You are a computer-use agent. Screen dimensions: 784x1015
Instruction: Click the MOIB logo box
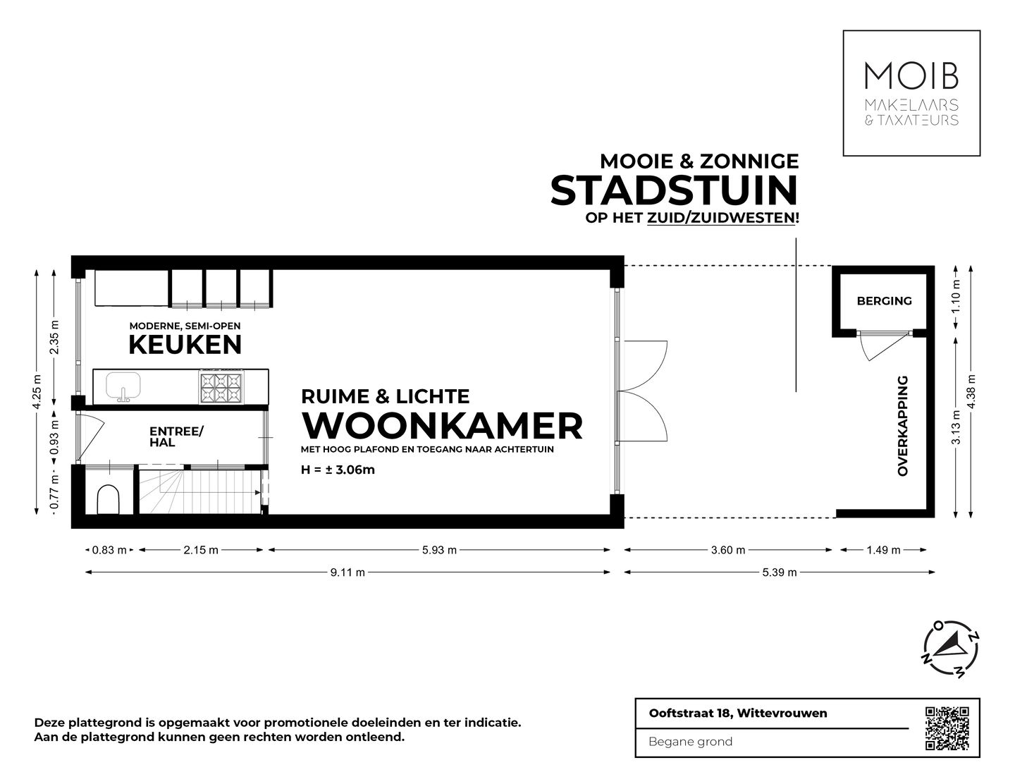coord(911,93)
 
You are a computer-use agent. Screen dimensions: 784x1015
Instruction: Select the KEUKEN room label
coord(185,345)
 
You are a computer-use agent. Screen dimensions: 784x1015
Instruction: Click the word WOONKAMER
coord(442,425)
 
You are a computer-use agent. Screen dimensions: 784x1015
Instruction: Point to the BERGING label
coord(884,301)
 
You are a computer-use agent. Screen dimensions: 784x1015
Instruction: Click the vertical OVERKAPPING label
coord(903,426)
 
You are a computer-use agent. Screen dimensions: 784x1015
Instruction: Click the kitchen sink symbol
coord(123,386)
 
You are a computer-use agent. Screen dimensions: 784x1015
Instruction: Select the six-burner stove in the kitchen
coord(221,387)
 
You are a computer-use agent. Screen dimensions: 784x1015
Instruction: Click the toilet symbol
coord(109,499)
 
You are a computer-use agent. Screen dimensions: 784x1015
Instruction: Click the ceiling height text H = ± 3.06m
coord(338,470)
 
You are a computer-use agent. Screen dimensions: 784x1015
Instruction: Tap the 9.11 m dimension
coord(347,572)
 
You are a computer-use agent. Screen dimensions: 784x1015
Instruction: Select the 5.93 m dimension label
coord(438,550)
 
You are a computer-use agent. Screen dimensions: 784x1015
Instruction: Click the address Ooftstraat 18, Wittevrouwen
coord(737,713)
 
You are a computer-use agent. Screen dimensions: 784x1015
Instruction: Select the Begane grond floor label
coord(690,741)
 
